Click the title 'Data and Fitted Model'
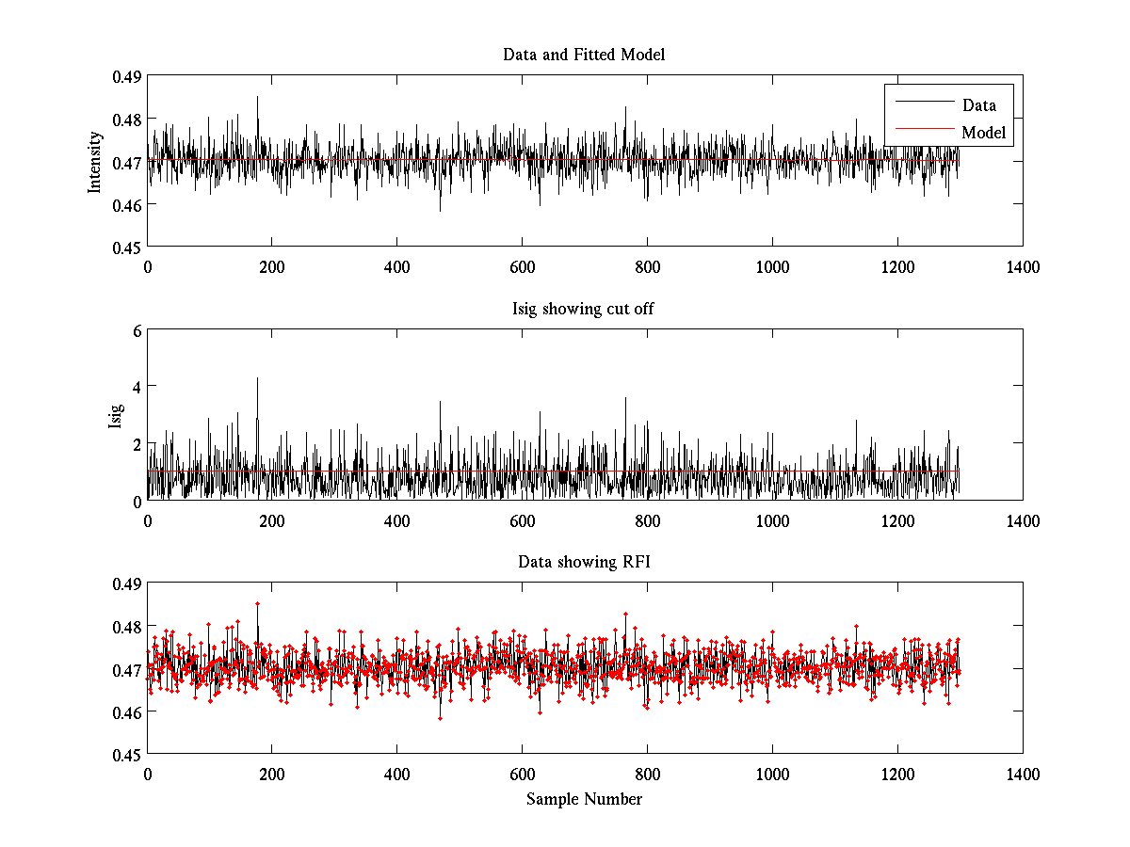point(584,55)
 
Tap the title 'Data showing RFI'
point(584,562)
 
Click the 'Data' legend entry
point(978,104)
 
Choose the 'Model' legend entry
point(983,133)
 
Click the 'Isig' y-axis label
point(116,415)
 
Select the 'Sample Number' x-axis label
point(584,799)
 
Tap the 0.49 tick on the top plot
point(127,76)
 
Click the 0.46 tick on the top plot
point(127,204)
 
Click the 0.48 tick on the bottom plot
point(127,627)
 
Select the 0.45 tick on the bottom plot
point(127,755)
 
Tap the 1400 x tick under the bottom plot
point(1023,774)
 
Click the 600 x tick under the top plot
point(522,266)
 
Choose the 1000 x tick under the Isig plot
point(772,520)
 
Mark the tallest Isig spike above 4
point(257,378)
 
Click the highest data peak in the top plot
point(257,96)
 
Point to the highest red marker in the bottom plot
point(257,603)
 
